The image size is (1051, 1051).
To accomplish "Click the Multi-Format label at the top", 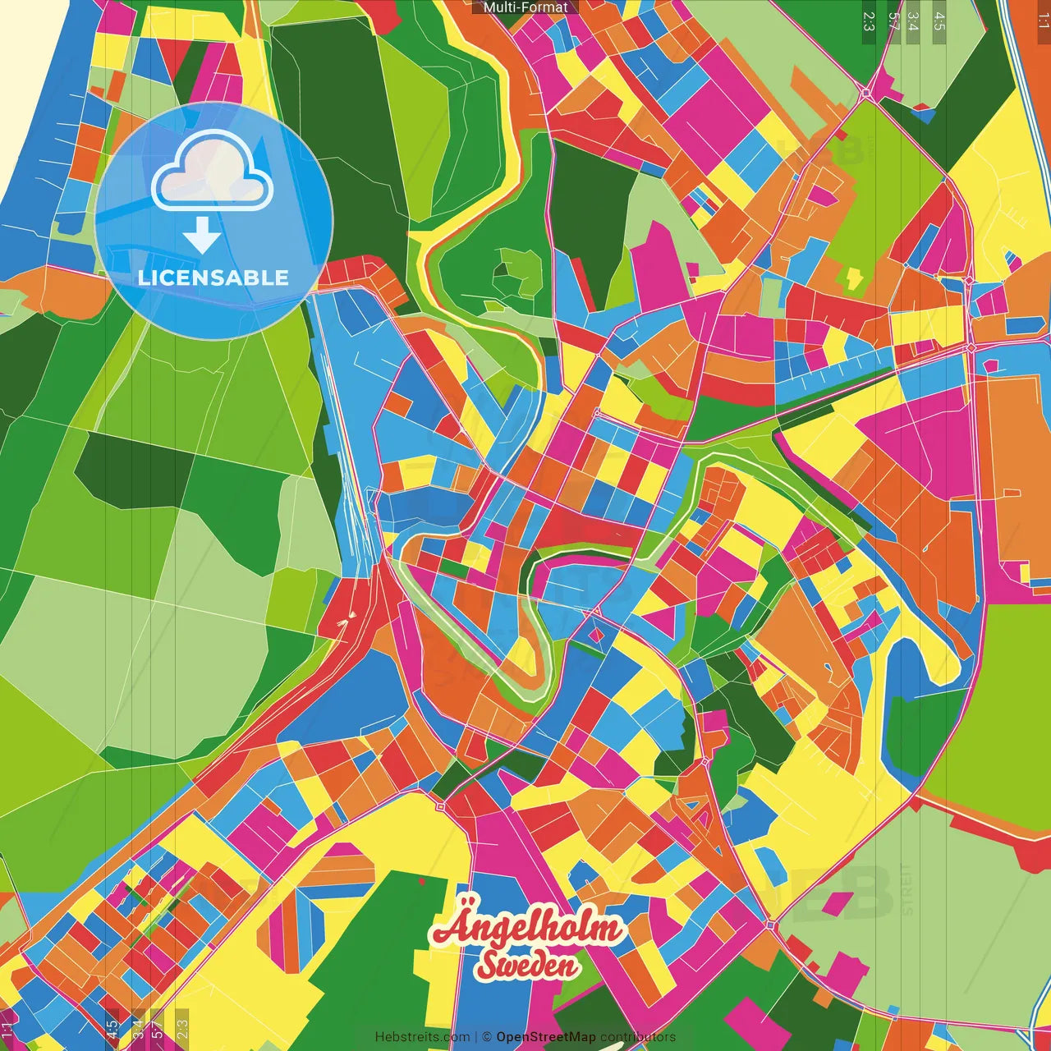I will [525, 7].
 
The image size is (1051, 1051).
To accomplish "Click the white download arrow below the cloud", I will [202, 236].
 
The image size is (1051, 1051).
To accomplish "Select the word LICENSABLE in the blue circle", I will [213, 278].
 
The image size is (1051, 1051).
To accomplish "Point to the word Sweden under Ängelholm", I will [527, 965].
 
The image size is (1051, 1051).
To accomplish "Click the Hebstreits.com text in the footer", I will [422, 1037].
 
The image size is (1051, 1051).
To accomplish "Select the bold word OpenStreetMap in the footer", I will [546, 1037].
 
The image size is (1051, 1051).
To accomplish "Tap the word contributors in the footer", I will [638, 1037].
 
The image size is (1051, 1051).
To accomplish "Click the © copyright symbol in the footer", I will [487, 1037].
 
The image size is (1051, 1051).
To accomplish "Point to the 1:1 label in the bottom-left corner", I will [7, 1030].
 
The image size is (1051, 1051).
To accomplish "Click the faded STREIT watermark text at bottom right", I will [906, 888].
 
